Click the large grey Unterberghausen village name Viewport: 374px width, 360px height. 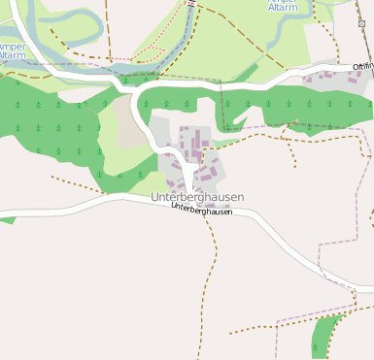click(x=197, y=197)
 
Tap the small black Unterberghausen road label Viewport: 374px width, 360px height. click(x=201, y=210)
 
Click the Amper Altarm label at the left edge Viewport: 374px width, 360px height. click(x=13, y=51)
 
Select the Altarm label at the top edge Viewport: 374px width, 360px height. click(x=284, y=6)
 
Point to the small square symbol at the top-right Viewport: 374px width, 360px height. click(x=362, y=22)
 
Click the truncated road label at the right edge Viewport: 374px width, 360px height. click(x=363, y=66)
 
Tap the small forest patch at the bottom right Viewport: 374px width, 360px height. click(x=324, y=337)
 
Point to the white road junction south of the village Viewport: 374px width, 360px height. click(x=185, y=195)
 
